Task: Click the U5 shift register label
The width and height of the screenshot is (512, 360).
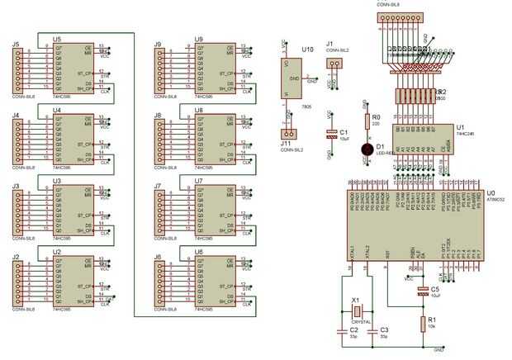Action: click(x=57, y=39)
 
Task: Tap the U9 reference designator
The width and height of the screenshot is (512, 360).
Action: click(x=199, y=39)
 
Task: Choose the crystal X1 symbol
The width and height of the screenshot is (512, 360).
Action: click(x=357, y=311)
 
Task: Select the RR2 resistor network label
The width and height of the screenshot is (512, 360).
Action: click(x=441, y=91)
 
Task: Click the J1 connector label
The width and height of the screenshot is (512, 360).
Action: click(x=329, y=44)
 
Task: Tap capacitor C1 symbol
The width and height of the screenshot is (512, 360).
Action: click(x=332, y=133)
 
